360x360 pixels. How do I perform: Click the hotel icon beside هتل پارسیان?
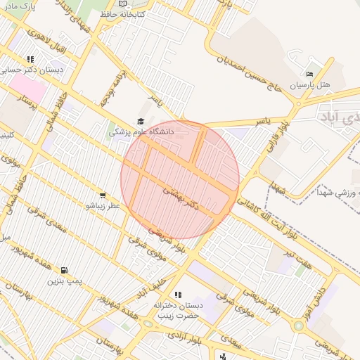coord(310,75)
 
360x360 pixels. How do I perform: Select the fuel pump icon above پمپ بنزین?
coord(64,270)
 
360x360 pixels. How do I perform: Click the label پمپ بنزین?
coord(65,281)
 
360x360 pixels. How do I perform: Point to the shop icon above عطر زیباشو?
coord(103,195)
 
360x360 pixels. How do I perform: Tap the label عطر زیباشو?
coord(103,206)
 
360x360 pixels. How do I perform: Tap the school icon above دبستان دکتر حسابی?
coord(30,60)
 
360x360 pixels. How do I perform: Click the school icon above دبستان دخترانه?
coord(177,295)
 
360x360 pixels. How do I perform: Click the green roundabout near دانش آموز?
coord(299,326)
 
